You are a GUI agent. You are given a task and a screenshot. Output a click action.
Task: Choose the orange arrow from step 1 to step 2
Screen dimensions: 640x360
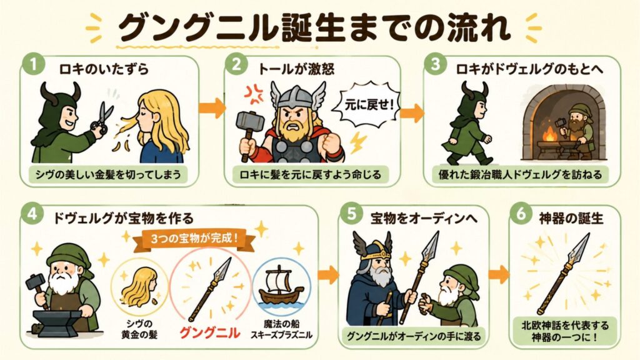coord(212,108)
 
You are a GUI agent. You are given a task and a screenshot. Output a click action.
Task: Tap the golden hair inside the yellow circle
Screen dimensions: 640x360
coord(139,287)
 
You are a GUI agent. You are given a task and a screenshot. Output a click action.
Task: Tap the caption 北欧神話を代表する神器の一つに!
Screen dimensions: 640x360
coord(565,331)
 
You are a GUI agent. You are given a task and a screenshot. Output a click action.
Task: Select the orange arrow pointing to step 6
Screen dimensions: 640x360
coord(499,274)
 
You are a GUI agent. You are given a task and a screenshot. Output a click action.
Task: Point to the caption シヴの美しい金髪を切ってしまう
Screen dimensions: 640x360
coord(108,175)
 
